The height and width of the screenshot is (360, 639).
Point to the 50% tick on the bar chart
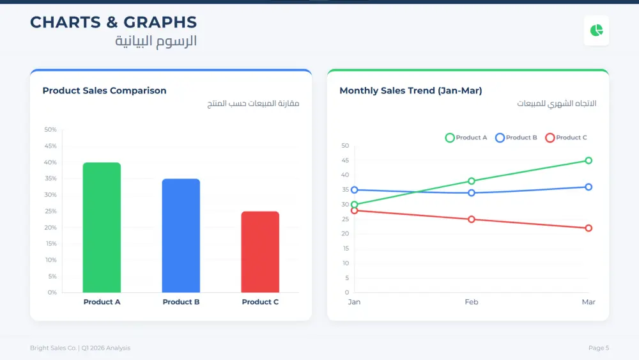(x=50, y=130)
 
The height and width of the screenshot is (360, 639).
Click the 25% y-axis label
(x=50, y=211)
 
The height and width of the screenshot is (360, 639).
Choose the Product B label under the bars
(x=181, y=302)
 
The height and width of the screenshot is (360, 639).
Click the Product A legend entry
(x=466, y=137)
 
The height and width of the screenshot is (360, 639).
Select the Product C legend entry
(x=566, y=137)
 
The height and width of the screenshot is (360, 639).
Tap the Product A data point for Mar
(x=589, y=160)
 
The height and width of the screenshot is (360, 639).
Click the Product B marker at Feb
(x=472, y=192)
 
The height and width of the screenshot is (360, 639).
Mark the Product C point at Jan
(x=355, y=210)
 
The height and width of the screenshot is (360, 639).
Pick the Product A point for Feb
(x=472, y=181)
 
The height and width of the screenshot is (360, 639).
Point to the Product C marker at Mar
(x=589, y=228)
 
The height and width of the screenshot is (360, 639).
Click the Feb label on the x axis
(x=472, y=302)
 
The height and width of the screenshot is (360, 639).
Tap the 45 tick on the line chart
(x=345, y=160)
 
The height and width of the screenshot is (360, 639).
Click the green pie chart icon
(x=596, y=31)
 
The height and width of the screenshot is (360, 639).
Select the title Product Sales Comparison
(x=104, y=91)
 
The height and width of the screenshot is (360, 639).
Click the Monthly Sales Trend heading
(x=410, y=91)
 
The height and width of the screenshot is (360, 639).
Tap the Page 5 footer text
(x=599, y=348)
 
